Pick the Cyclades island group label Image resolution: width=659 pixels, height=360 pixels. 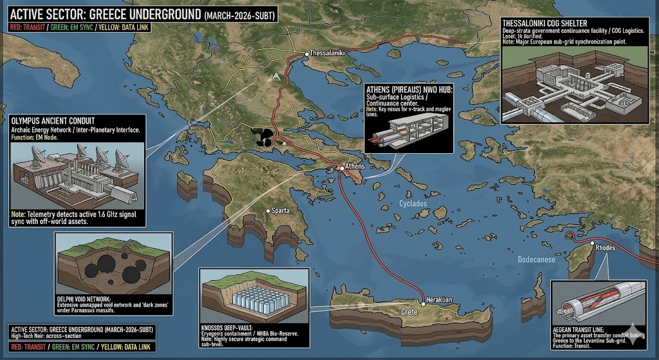(413, 204)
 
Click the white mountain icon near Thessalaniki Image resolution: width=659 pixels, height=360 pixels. (275, 75)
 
